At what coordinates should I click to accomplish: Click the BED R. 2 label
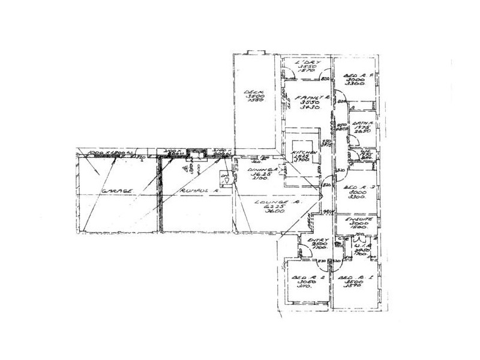308,278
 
